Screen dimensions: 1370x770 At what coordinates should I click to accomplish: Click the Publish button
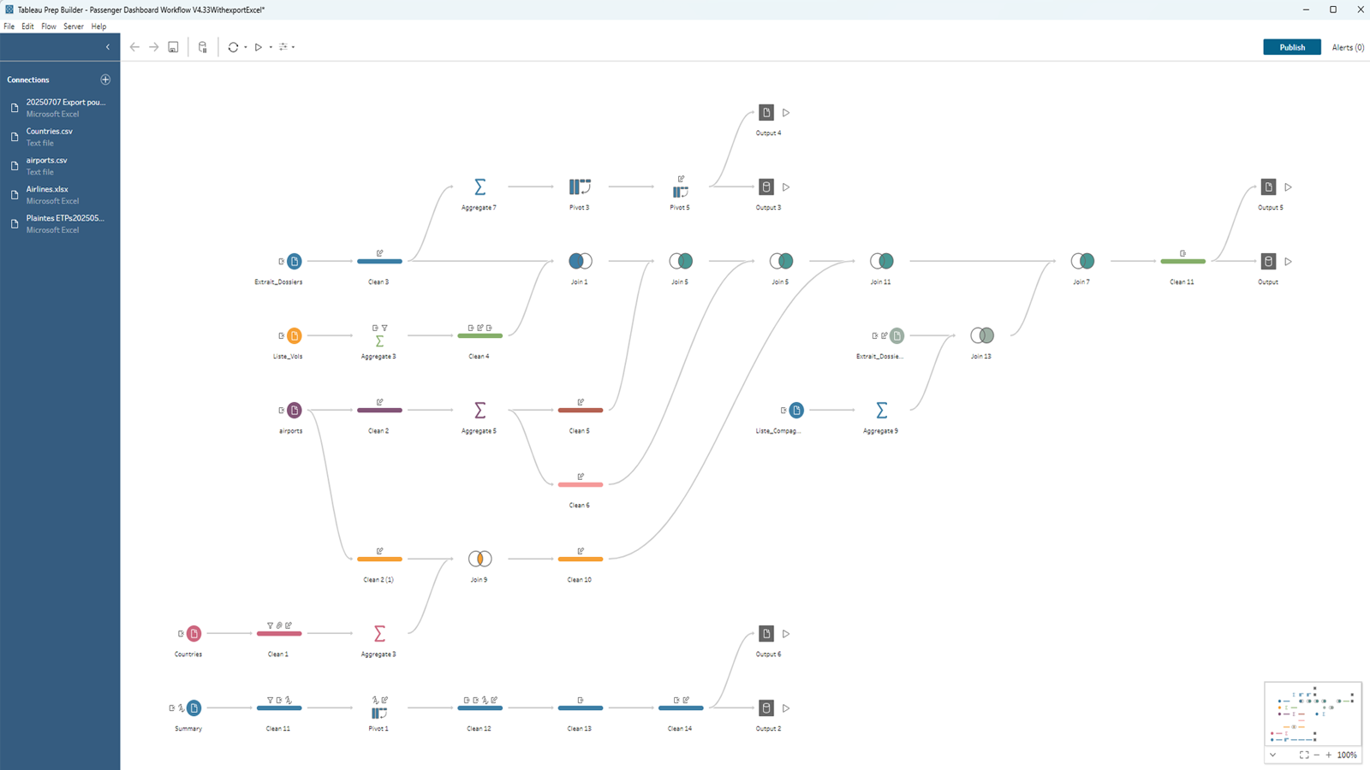[1291, 47]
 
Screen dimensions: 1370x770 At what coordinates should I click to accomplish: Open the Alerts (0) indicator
[1348, 47]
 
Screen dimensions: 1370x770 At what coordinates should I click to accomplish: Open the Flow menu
[49, 27]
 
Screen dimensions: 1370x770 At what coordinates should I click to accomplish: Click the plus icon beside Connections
[105, 80]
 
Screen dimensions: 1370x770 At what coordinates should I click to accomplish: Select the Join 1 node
[580, 261]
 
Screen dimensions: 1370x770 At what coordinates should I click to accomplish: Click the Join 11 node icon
[881, 261]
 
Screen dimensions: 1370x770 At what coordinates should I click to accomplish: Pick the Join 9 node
[479, 559]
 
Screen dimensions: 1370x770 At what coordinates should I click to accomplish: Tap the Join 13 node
[981, 335]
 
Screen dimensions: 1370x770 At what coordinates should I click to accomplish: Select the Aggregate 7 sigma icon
[479, 187]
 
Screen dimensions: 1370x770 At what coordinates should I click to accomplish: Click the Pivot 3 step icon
[580, 187]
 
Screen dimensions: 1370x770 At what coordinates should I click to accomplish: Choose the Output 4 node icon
[766, 112]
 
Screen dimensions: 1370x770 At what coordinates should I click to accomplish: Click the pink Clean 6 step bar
[580, 484]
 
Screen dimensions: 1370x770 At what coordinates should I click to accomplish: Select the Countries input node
[194, 633]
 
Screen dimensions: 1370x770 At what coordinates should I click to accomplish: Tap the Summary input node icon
[194, 708]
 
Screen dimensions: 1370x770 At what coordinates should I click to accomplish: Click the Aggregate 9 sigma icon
[881, 410]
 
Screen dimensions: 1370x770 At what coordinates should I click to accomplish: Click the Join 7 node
[1082, 261]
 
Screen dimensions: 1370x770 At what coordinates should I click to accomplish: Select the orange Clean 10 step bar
[580, 559]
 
